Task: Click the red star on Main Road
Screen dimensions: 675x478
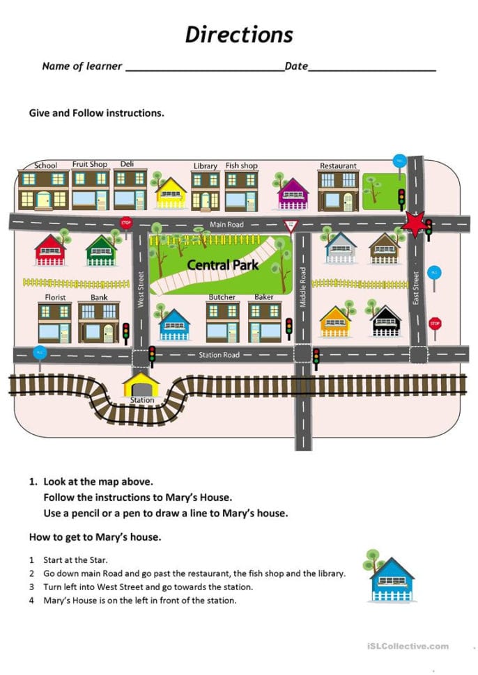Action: click(x=414, y=224)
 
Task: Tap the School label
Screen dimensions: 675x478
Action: click(x=46, y=166)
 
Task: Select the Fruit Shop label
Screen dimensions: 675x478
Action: click(x=90, y=164)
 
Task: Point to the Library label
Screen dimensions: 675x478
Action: click(x=205, y=166)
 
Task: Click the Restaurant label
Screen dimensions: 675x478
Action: click(x=338, y=166)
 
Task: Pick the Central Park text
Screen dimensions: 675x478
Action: click(x=222, y=264)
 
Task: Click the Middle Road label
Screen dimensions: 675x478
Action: click(x=302, y=287)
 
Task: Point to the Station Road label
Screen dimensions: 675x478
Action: click(x=219, y=355)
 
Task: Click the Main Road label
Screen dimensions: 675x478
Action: click(x=227, y=224)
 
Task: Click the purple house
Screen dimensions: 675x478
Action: click(x=293, y=193)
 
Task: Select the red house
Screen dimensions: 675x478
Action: click(x=50, y=251)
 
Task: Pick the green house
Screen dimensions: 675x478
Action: click(x=101, y=251)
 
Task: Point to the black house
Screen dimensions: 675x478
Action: click(x=386, y=321)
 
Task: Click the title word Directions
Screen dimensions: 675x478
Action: click(x=239, y=35)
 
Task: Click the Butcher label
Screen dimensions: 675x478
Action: click(x=222, y=297)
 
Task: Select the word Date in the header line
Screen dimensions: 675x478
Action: click(x=296, y=66)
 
